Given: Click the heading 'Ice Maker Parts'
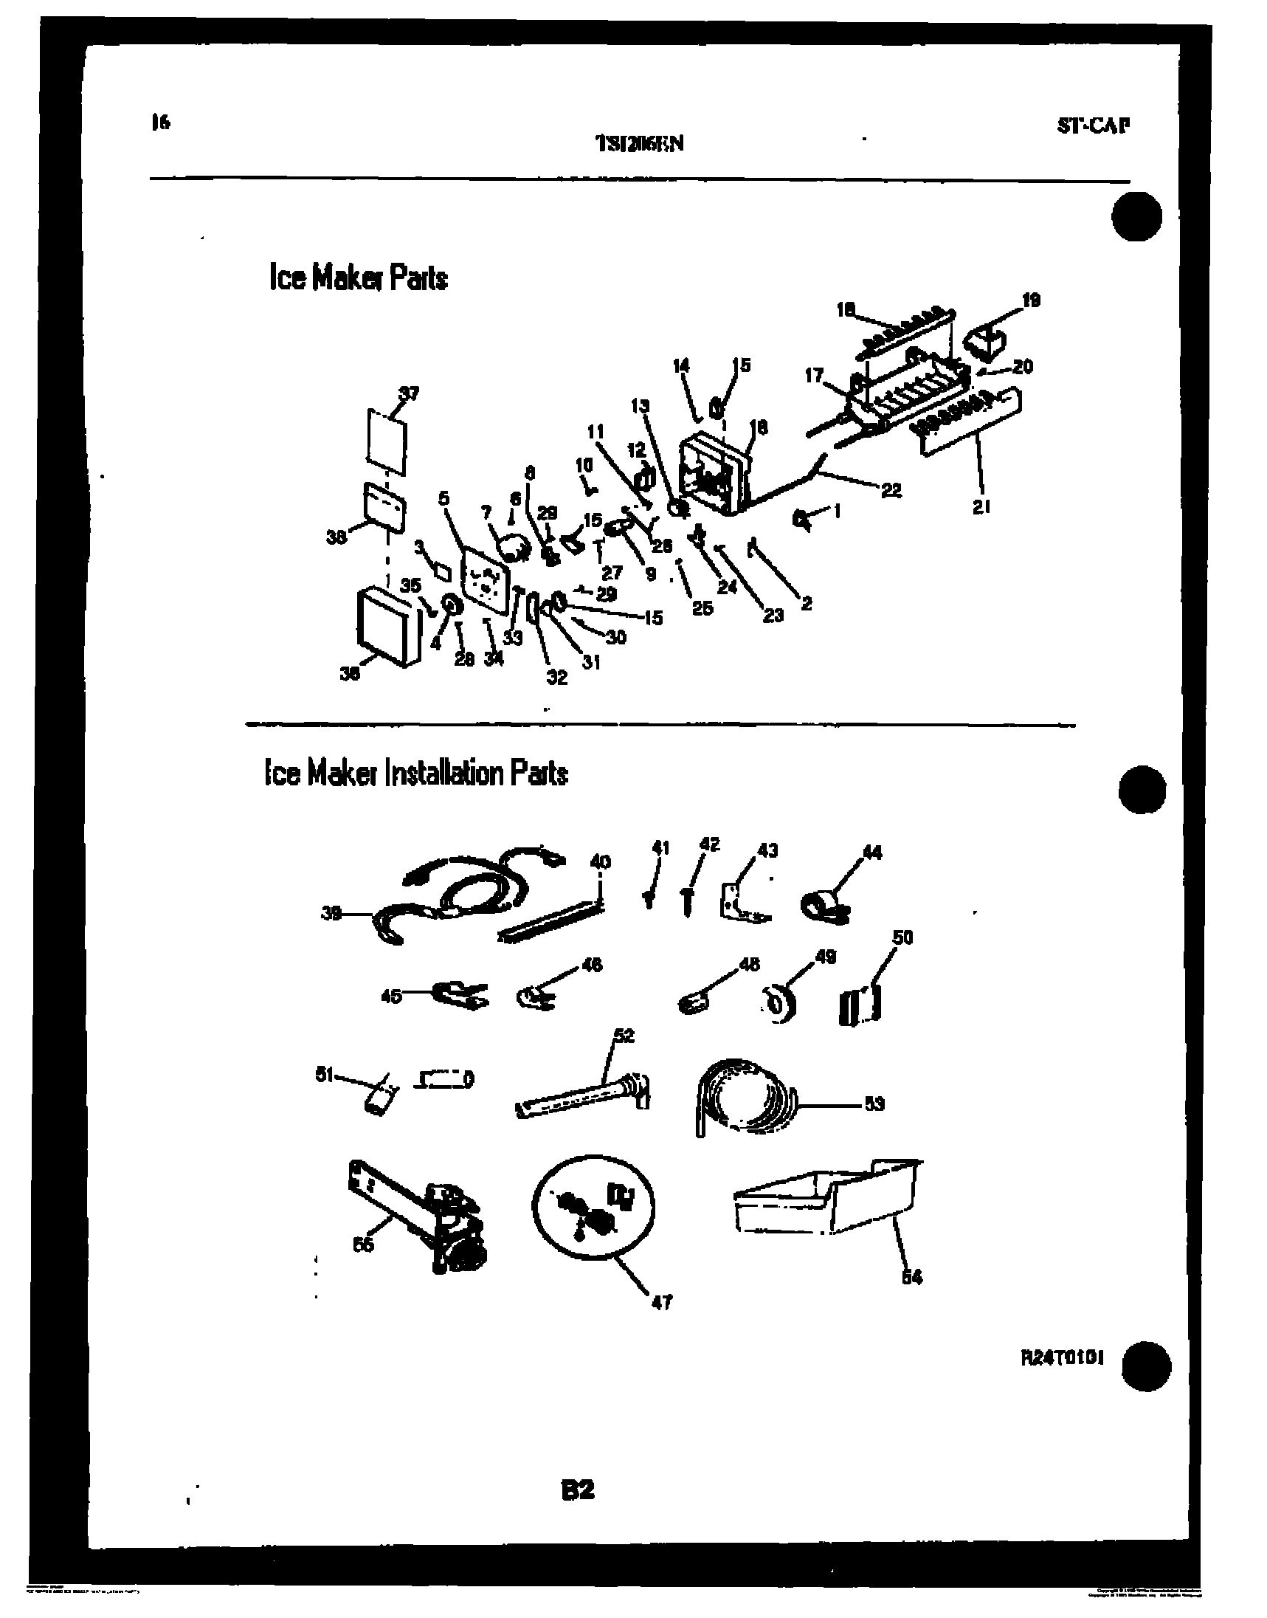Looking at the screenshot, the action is [359, 278].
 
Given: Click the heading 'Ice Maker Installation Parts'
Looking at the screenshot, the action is [416, 774].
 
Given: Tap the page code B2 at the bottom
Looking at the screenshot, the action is [578, 1488].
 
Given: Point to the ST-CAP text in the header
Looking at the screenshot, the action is [1093, 125].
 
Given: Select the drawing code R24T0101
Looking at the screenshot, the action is [1062, 1357].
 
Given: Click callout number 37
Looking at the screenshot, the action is [409, 393].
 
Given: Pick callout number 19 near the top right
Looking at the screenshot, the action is [1031, 300].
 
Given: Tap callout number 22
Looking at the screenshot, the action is [891, 490].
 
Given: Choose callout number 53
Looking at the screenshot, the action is [874, 1104].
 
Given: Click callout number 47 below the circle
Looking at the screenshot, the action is [661, 1302].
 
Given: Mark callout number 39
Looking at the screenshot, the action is [331, 913].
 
